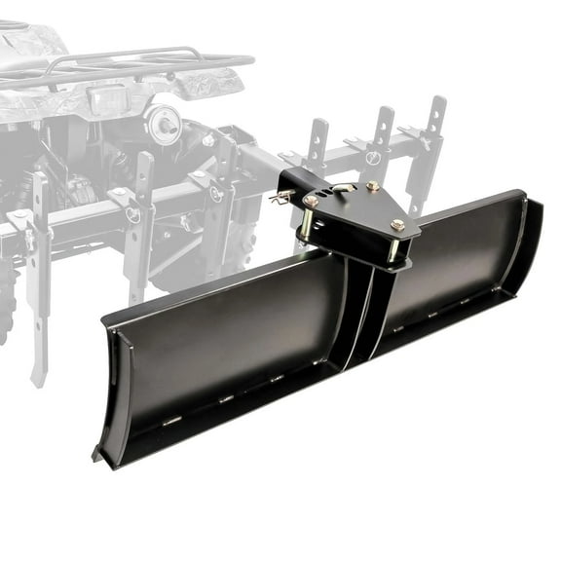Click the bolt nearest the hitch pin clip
310,200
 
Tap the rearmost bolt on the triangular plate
373,185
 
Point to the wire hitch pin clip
280,198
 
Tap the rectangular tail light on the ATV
110,97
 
